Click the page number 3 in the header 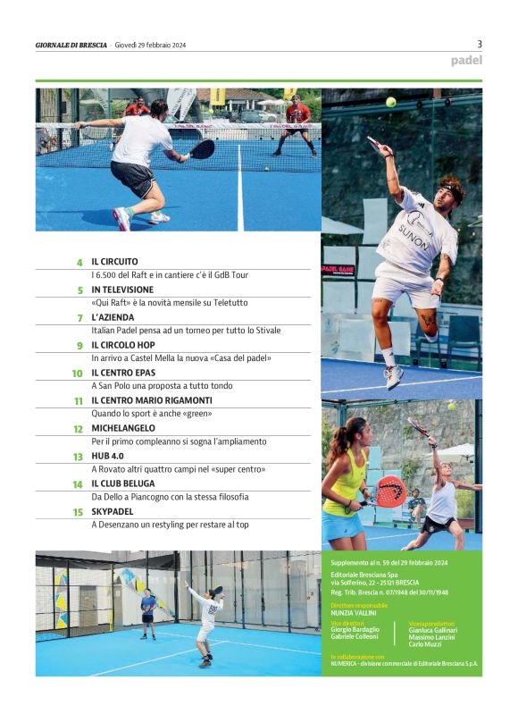[480, 43]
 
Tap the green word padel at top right [465, 61]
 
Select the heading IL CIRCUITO [114, 262]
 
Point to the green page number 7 [79, 318]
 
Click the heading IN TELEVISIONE [122, 290]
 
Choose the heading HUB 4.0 [108, 456]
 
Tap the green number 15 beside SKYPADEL [78, 512]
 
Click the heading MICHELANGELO [123, 428]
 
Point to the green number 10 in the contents [78, 374]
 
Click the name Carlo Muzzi [429, 643]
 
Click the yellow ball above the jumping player [390, 102]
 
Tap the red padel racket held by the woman [389, 490]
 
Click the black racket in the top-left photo [203, 148]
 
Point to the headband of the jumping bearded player [452, 189]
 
